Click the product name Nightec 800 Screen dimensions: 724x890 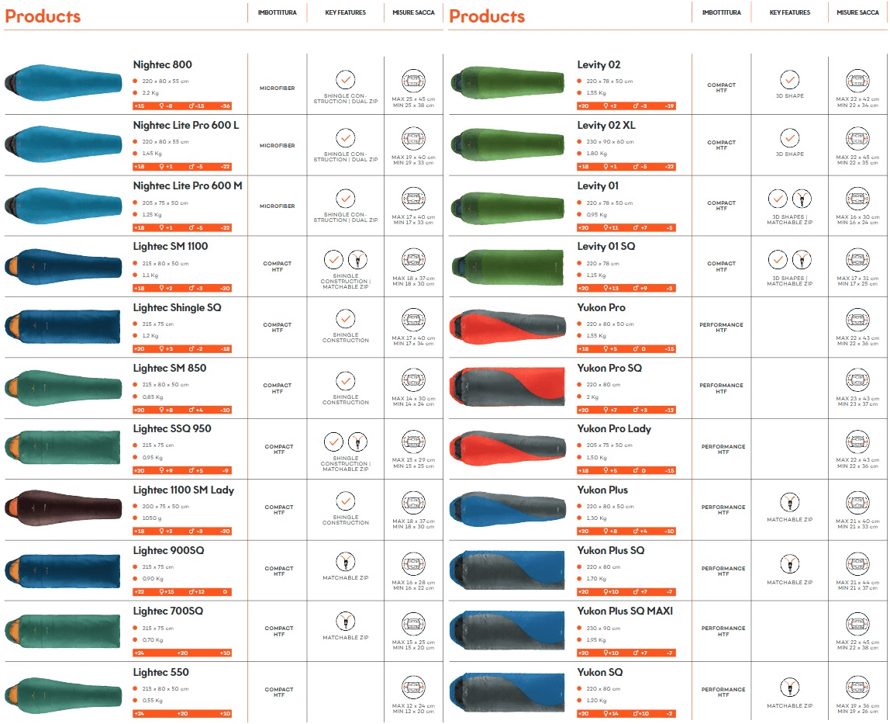(x=162, y=65)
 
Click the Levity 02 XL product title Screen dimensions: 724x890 (x=607, y=126)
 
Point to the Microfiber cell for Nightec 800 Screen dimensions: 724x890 (x=278, y=88)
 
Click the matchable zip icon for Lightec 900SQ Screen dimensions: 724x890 (x=346, y=562)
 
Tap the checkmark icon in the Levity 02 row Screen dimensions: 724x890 (x=789, y=80)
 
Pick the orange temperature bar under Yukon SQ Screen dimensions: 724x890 (x=626, y=714)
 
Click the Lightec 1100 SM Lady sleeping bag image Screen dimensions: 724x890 (x=64, y=507)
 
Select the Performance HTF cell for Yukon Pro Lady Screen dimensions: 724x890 (x=721, y=449)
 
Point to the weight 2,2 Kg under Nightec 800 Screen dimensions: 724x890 (x=151, y=93)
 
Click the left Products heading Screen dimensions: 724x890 (x=43, y=16)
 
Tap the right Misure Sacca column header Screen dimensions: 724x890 (x=858, y=12)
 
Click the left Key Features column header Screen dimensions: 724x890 (x=346, y=12)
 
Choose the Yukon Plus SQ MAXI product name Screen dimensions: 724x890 (x=625, y=611)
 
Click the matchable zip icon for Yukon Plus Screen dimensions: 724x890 (x=790, y=502)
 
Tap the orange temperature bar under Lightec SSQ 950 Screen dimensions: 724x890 (x=182, y=470)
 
